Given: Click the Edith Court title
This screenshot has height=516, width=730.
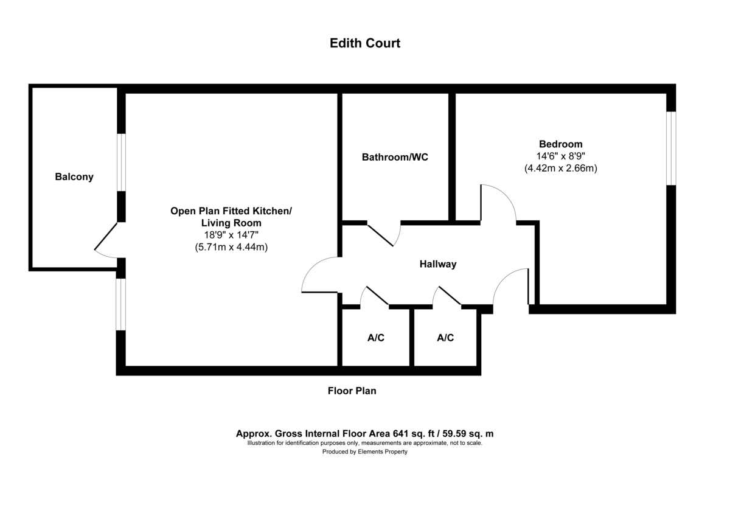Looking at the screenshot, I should [x=364, y=43].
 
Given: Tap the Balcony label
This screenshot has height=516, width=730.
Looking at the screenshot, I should [x=74, y=177].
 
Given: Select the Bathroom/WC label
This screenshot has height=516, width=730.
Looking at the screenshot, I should [x=395, y=157].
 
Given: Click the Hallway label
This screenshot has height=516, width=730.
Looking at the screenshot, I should [x=437, y=264].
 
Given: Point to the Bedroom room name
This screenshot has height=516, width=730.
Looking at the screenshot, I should [x=560, y=144].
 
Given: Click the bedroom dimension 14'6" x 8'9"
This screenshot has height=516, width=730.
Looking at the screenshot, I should [x=560, y=156].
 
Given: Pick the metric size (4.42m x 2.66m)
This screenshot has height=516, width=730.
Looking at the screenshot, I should [x=560, y=168].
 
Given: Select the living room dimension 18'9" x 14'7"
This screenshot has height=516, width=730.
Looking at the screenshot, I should [x=231, y=235].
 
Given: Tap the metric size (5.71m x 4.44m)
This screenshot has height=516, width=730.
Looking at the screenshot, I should [x=231, y=247].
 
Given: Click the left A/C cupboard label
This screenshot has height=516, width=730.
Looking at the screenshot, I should [x=376, y=338].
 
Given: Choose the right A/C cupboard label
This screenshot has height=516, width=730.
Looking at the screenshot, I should [x=445, y=338].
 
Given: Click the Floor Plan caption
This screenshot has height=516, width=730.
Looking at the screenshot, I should [x=352, y=391].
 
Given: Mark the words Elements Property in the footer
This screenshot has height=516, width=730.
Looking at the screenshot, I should [x=383, y=451].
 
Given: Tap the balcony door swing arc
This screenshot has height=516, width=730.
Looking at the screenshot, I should [x=106, y=243].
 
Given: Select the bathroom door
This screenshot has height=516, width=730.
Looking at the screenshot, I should [x=384, y=235].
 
